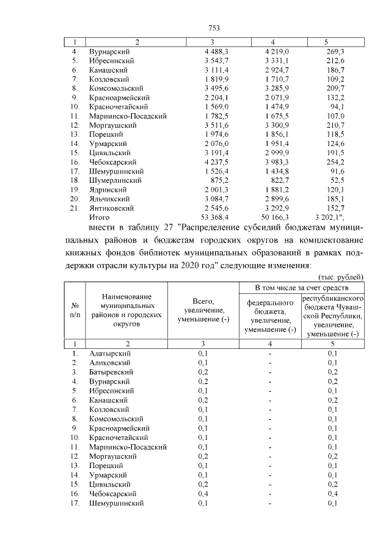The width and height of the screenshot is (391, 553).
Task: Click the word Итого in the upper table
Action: point(99,217)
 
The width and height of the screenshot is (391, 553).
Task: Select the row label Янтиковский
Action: point(112,208)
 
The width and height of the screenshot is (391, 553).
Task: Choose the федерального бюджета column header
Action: point(270,316)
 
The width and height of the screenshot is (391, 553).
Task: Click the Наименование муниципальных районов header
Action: point(127,309)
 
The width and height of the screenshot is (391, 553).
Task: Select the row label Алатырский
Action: point(110,353)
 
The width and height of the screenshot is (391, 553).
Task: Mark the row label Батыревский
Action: point(111,372)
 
